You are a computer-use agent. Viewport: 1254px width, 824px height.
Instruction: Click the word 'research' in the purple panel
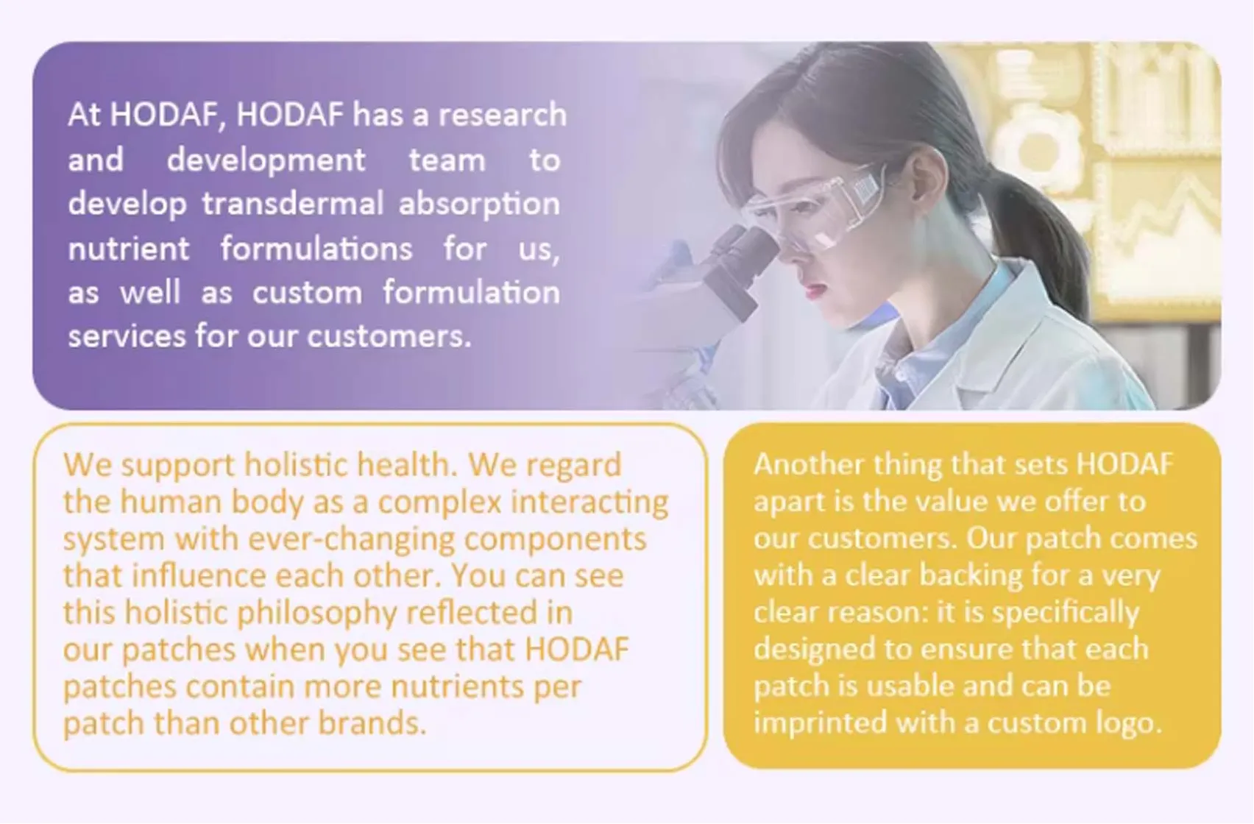click(502, 115)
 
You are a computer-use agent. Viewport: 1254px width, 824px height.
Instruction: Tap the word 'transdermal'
click(293, 203)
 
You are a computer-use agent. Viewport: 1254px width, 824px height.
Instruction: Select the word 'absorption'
click(479, 205)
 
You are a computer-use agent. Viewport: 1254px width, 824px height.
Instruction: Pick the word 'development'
click(266, 161)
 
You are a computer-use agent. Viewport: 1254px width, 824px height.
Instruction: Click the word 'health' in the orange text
click(404, 465)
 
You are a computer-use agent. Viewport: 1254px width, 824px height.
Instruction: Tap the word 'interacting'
click(589, 502)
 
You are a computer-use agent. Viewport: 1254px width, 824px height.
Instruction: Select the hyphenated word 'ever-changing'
click(351, 540)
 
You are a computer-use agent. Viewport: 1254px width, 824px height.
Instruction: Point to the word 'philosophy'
click(317, 614)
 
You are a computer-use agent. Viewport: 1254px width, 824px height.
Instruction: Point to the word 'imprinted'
click(820, 723)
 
